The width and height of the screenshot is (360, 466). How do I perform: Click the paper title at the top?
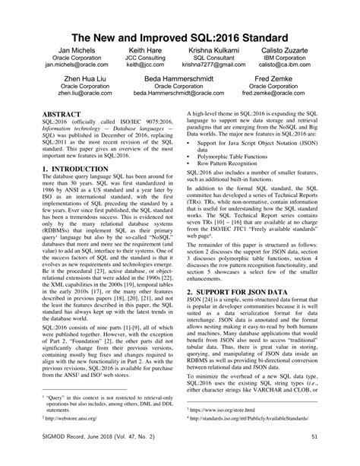[x=180, y=37]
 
